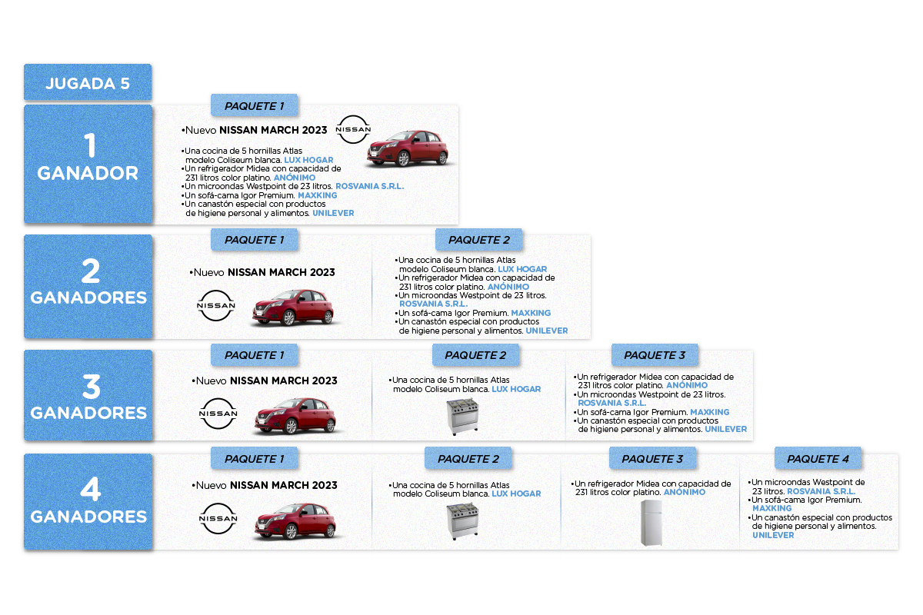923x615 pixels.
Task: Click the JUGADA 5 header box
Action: [88, 83]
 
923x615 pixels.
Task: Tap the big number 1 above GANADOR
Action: [89, 146]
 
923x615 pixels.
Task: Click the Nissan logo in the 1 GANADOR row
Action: [354, 130]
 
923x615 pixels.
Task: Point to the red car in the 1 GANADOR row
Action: [407, 147]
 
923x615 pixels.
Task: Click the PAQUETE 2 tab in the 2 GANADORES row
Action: [479, 241]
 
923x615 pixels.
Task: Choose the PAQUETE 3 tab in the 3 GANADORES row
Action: [654, 355]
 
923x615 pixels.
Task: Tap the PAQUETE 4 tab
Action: [818, 459]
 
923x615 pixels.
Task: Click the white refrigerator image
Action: [651, 523]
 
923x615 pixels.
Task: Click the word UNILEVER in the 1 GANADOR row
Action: [333, 213]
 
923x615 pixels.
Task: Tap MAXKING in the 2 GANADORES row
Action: [531, 313]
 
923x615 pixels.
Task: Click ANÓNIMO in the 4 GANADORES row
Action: [684, 492]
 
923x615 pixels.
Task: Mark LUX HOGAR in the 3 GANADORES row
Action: [516, 389]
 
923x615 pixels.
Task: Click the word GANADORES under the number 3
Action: [88, 413]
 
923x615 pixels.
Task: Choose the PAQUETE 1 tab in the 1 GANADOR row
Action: [255, 105]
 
